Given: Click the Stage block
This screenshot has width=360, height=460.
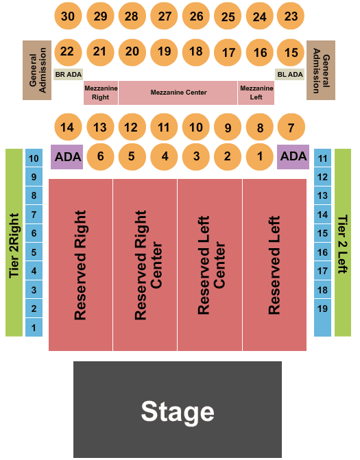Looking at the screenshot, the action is click(x=178, y=409).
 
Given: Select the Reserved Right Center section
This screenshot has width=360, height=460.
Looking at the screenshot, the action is click(x=145, y=265).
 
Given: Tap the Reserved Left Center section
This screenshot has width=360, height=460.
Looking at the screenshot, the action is click(x=210, y=265).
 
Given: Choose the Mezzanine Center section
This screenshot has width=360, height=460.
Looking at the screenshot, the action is click(x=178, y=93).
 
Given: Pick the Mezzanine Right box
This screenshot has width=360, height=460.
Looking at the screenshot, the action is click(x=101, y=93).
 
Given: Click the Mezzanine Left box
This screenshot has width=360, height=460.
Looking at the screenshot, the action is click(x=256, y=93).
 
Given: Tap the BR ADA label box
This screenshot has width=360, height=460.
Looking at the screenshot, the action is click(x=69, y=75).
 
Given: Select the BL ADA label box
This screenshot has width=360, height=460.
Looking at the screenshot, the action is click(x=290, y=75).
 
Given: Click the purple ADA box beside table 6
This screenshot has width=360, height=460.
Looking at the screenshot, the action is click(x=67, y=157).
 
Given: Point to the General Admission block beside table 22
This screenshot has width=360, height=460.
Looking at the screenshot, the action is click(x=37, y=70).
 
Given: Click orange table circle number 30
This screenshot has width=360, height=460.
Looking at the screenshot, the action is click(x=68, y=16).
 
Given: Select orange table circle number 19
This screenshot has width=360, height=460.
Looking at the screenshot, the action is click(x=164, y=52).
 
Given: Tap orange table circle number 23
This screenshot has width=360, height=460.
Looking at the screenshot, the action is click(x=291, y=16).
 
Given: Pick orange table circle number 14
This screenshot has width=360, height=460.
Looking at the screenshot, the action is click(x=68, y=127).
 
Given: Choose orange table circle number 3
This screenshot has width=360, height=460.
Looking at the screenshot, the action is click(x=196, y=156).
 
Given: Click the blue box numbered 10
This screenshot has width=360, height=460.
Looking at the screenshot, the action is click(x=34, y=158).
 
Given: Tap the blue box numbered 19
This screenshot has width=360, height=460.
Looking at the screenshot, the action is click(x=323, y=308).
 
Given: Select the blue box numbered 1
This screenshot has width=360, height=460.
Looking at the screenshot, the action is click(x=34, y=328).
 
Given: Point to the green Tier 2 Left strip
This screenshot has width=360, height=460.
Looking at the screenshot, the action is click(x=343, y=243).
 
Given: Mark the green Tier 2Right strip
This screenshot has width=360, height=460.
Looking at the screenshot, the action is click(x=14, y=243).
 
